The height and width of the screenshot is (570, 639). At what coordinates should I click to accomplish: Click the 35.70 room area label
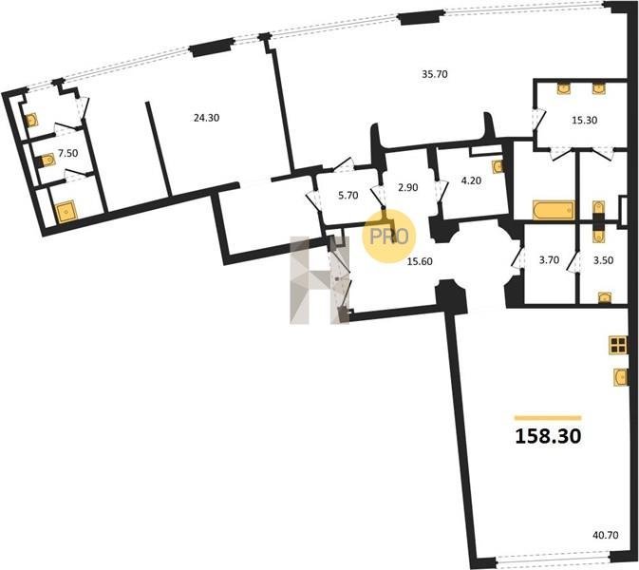tap(435, 74)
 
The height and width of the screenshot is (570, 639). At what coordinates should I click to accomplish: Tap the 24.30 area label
tap(207, 118)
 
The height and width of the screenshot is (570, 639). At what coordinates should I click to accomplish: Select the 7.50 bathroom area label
tap(68, 153)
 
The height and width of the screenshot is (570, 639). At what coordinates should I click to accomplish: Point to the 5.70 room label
tap(348, 196)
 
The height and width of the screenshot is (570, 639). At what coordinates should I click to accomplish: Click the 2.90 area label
tap(408, 187)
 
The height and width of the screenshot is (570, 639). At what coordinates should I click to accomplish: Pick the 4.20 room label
tap(471, 180)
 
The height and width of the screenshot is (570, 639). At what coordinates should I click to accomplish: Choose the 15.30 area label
tap(584, 121)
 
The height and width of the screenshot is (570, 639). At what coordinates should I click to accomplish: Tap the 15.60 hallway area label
tap(420, 261)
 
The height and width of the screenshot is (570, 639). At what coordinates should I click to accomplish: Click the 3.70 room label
tap(549, 259)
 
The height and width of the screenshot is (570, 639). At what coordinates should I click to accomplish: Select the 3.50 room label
tap(603, 259)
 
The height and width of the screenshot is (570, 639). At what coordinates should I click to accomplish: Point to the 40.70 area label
tap(606, 535)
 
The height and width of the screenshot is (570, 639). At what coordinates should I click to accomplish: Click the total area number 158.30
tap(548, 436)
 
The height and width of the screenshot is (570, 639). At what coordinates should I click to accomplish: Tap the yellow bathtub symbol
tap(554, 210)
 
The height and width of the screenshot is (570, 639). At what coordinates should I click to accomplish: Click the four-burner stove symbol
tap(618, 345)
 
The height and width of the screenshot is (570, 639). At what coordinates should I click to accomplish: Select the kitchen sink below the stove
tap(621, 376)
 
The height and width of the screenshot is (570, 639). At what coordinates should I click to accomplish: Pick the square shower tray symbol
tap(66, 212)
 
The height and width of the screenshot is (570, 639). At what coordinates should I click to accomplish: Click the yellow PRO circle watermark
tap(388, 236)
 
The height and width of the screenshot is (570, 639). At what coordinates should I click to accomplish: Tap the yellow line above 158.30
tap(548, 417)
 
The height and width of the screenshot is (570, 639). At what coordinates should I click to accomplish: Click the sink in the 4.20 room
tap(498, 166)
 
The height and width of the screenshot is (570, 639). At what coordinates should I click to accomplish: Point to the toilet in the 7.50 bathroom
tap(46, 161)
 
